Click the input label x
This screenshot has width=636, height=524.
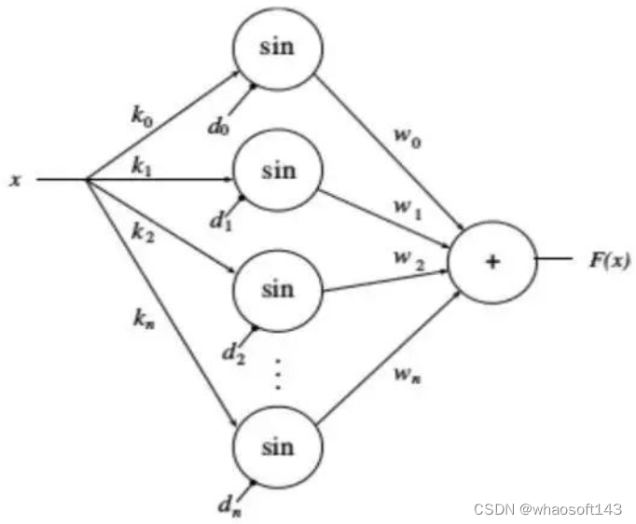(16, 180)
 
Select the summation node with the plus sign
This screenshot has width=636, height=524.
(492, 261)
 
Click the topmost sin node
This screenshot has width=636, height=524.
(278, 47)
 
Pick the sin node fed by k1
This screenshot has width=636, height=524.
(278, 171)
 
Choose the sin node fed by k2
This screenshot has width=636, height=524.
(278, 289)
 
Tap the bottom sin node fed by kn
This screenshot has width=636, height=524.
(278, 446)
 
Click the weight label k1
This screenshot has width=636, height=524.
(142, 167)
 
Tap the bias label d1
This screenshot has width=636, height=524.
(218, 221)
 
